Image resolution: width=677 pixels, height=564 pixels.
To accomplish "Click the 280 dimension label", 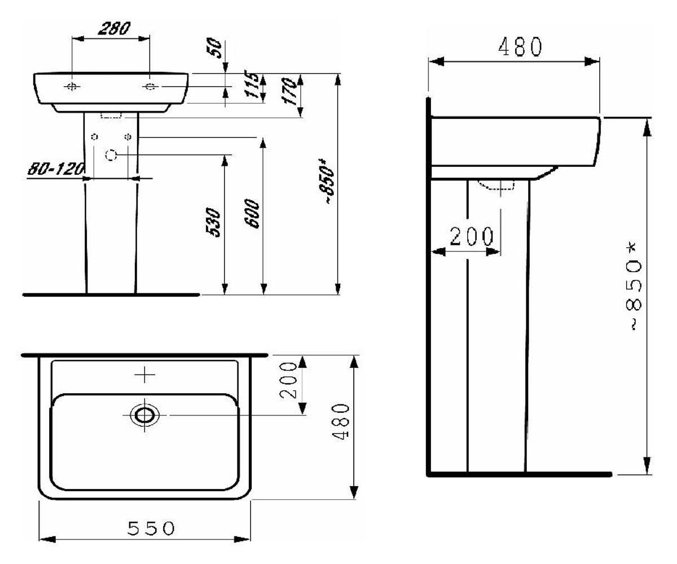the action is pyautogui.click(x=114, y=29).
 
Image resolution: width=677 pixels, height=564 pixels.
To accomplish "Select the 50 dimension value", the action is pyautogui.click(x=214, y=48).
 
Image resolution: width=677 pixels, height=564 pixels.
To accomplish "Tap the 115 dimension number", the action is pyautogui.click(x=252, y=85).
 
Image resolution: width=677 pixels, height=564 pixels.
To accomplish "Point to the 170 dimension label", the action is pyautogui.click(x=289, y=91).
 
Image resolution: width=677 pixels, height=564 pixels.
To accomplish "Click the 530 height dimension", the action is pyautogui.click(x=213, y=222).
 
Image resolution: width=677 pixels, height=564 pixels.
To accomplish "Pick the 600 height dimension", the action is pyautogui.click(x=252, y=214).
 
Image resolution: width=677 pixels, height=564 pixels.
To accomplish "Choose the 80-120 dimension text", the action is pyautogui.click(x=56, y=169).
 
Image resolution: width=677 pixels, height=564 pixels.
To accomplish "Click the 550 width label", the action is pyautogui.click(x=151, y=528).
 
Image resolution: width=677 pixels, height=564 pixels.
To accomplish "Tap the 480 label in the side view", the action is pyautogui.click(x=520, y=47).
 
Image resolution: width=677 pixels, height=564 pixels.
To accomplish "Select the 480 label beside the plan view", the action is pyautogui.click(x=341, y=421).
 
